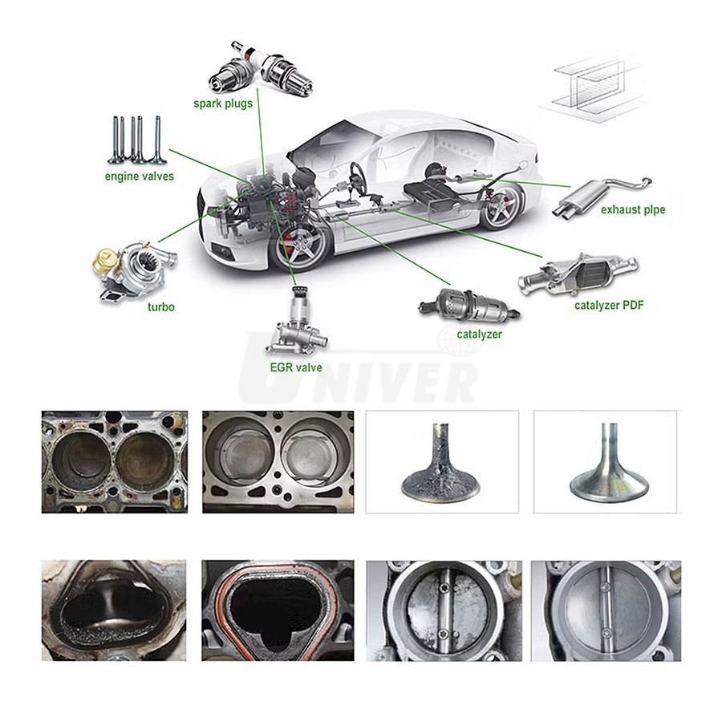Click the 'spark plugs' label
(x=223, y=103)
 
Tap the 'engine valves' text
(x=139, y=176)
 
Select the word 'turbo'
(x=161, y=306)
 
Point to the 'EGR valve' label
(x=295, y=367)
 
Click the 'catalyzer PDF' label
(x=609, y=306)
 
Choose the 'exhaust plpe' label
(x=633, y=210)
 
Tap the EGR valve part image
(x=298, y=320)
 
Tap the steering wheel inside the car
(x=357, y=178)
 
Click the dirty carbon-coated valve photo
(x=442, y=462)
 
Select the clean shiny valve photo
(x=605, y=462)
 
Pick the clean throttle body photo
(x=606, y=610)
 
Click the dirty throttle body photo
(x=444, y=610)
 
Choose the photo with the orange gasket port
(x=278, y=610)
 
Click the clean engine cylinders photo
(x=278, y=462)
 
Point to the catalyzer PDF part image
(x=578, y=274)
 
